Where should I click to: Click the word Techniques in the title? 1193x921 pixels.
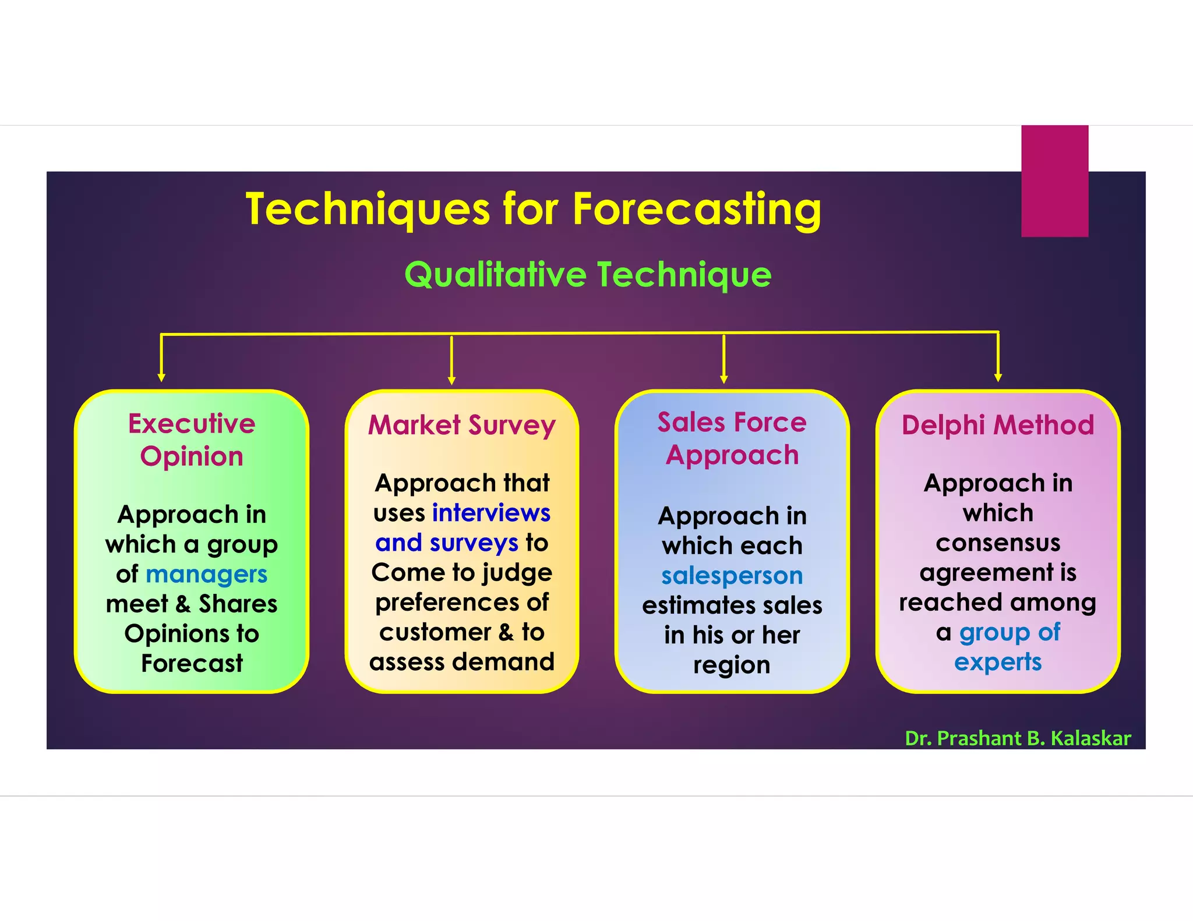[368, 210]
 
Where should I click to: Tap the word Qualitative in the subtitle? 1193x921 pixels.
[495, 275]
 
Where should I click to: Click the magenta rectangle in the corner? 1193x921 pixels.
[1054, 180]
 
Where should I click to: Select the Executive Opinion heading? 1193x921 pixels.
[192, 440]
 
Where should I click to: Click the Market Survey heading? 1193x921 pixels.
[462, 425]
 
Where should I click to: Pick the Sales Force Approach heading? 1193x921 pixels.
[732, 438]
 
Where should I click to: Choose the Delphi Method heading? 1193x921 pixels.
[998, 425]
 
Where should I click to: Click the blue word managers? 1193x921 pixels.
[206, 575]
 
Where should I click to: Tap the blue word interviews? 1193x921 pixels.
[491, 513]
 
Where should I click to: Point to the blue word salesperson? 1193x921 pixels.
[732, 576]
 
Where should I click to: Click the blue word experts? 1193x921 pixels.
[998, 662]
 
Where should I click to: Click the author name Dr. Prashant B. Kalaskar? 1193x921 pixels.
[1018, 738]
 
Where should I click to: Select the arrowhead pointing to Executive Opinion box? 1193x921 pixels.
[161, 378]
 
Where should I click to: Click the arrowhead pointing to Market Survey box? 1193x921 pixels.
[451, 381]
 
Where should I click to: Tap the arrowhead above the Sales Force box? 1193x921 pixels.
[723, 380]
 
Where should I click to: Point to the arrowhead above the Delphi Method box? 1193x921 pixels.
[998, 378]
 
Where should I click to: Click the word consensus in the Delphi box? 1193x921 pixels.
[998, 543]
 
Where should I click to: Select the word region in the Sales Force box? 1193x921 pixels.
[732, 665]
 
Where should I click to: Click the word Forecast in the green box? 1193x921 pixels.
[192, 664]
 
